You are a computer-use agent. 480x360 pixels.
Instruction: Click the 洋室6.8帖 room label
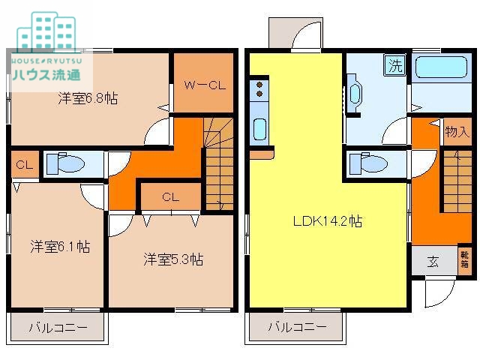[x=89, y=98]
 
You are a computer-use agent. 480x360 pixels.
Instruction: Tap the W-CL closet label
[x=205, y=85]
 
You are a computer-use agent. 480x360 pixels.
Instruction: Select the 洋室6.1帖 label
[x=60, y=246]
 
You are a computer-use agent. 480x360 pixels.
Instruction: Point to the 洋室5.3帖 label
[x=173, y=259]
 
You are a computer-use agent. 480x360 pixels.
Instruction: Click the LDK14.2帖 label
[x=328, y=221]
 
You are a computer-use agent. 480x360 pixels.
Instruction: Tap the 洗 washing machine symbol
[x=394, y=65]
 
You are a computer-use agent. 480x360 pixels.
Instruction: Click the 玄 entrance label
[x=433, y=262]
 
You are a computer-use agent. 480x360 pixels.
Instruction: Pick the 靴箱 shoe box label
[x=465, y=259]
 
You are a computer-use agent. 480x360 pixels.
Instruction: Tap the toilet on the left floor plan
[x=64, y=163]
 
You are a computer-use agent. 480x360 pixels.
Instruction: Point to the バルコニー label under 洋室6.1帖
[x=58, y=328]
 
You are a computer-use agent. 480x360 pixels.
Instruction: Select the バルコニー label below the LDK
[x=297, y=328]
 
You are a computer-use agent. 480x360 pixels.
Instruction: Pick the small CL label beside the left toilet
[x=23, y=164]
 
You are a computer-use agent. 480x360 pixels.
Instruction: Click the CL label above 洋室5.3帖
[x=171, y=197]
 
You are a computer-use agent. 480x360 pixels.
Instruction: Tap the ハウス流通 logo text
[x=47, y=74]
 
